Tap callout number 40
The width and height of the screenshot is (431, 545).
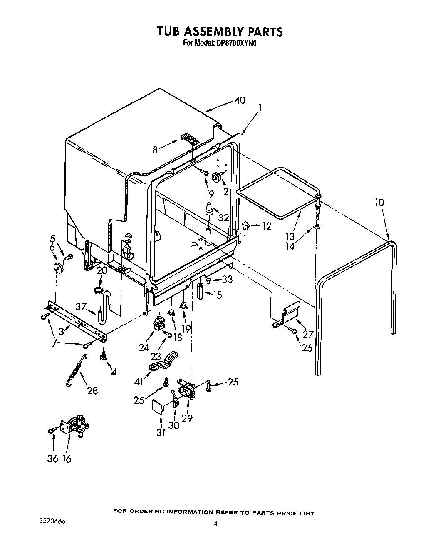[x=240, y=100]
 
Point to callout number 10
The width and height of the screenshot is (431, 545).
[x=379, y=202]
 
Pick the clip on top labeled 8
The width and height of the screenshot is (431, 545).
[x=189, y=139]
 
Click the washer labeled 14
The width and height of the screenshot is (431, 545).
[x=317, y=227]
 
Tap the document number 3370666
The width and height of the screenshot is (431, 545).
[x=50, y=522]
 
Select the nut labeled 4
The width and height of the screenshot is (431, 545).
[x=103, y=356]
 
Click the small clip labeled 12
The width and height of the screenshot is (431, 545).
[x=245, y=226]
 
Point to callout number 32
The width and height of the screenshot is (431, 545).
[x=224, y=217]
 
